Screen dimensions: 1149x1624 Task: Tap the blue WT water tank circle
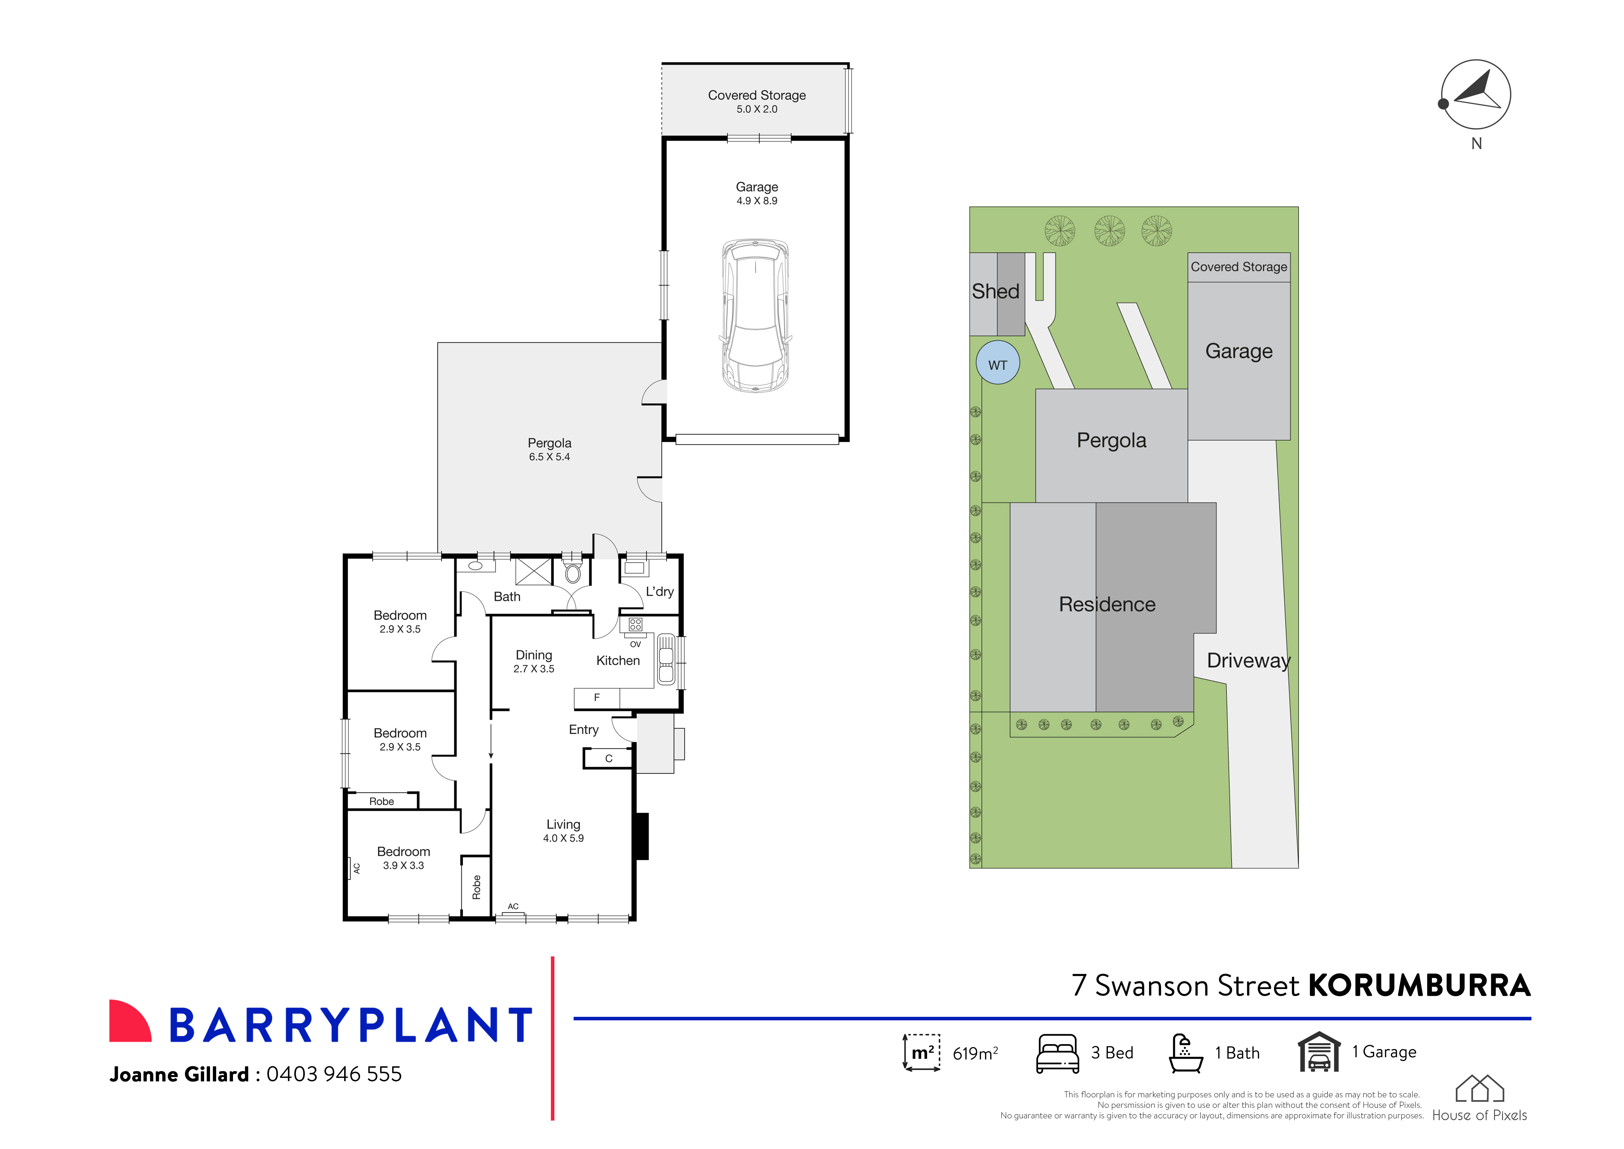(x=997, y=363)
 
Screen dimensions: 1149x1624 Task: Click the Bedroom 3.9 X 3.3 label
(x=403, y=852)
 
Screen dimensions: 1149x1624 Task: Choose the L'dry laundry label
(x=659, y=591)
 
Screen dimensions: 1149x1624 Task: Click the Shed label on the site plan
(x=995, y=291)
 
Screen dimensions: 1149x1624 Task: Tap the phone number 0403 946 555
(x=334, y=1074)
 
